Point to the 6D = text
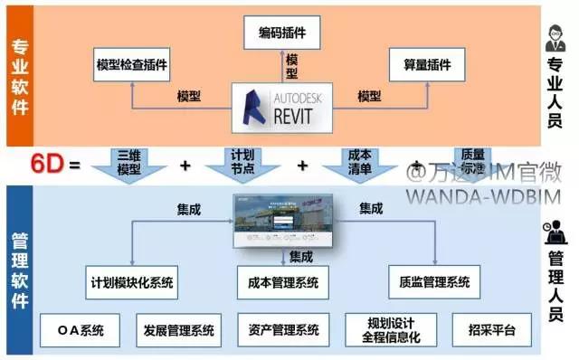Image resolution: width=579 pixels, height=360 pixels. click(56, 166)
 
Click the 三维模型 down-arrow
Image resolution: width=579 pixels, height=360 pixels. click(129, 164)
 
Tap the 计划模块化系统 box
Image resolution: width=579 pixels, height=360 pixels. click(133, 281)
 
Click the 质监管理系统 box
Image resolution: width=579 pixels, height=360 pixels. click(435, 281)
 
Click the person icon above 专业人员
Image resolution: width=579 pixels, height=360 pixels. click(555, 41)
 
